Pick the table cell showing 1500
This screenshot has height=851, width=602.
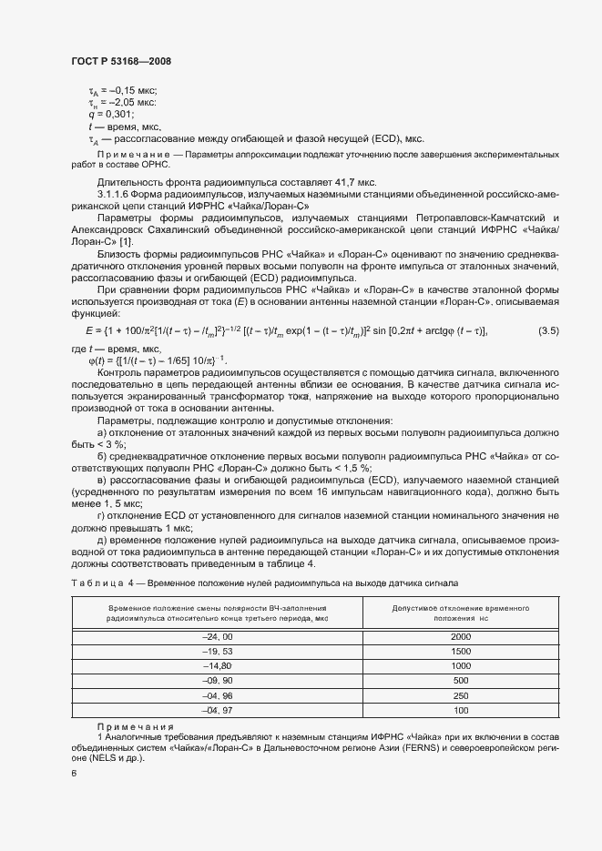tap(460, 652)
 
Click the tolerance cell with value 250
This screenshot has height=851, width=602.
tap(460, 694)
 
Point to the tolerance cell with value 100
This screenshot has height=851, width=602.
tap(460, 709)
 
